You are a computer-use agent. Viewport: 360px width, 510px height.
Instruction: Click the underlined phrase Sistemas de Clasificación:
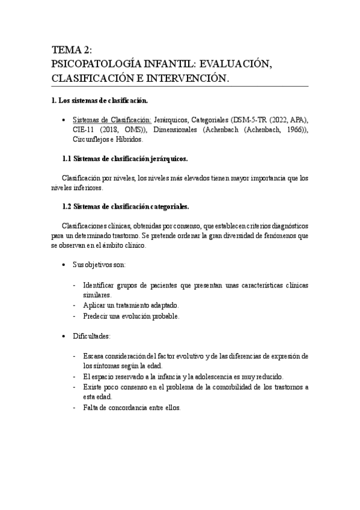click(x=111, y=120)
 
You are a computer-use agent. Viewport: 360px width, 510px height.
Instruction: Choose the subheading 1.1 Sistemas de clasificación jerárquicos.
click(x=125, y=159)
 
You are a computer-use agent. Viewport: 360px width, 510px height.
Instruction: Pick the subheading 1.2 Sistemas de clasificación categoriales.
click(x=126, y=207)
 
